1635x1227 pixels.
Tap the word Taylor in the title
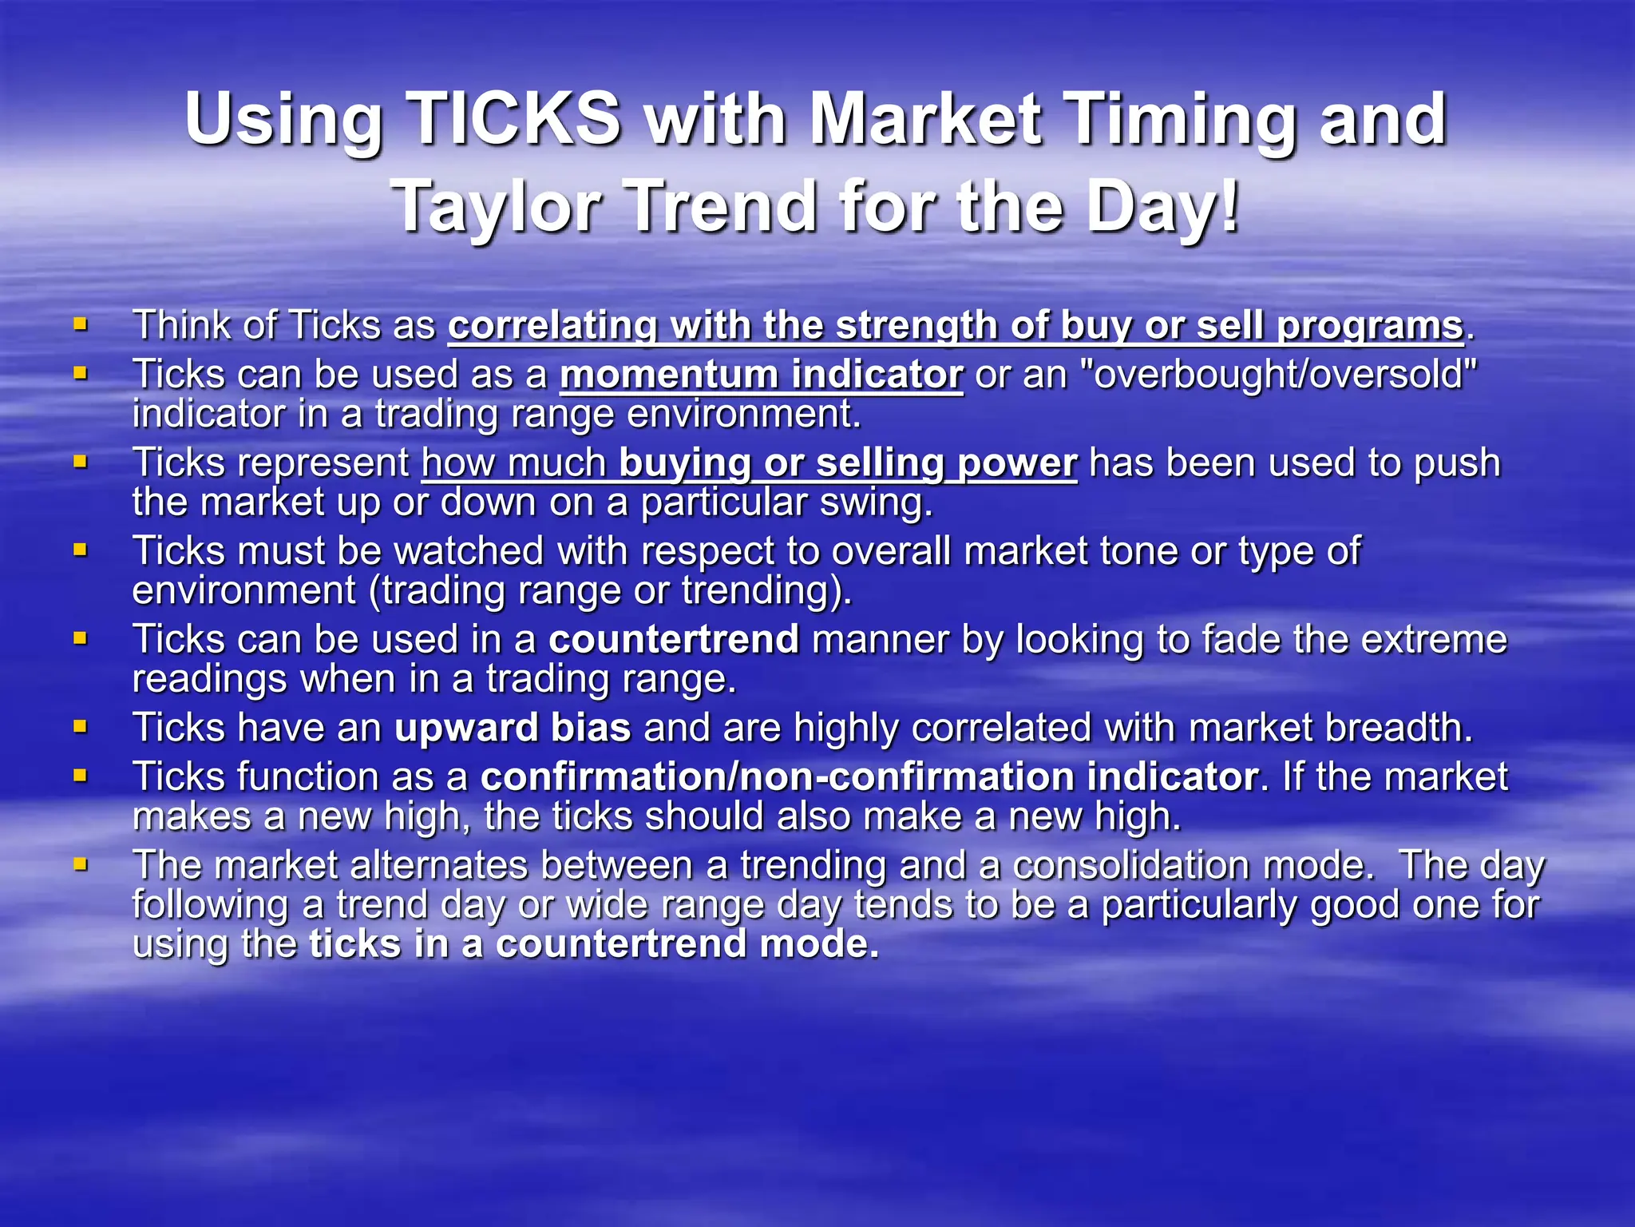[496, 207]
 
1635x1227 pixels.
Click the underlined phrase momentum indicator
[761, 375]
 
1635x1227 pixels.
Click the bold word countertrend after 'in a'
[674, 640]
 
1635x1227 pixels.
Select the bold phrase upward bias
[513, 729]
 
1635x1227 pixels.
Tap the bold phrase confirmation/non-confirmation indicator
[869, 777]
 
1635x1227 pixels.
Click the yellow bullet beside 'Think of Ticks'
[80, 324]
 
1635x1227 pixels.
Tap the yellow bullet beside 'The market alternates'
[80, 864]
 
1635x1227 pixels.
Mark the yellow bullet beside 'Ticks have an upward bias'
[80, 727]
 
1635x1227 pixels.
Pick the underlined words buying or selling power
[848, 463]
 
